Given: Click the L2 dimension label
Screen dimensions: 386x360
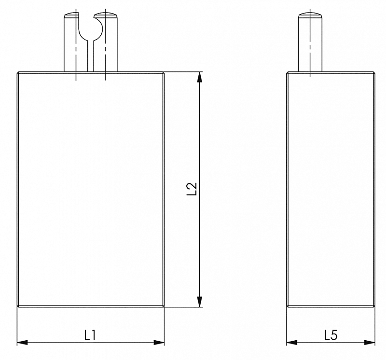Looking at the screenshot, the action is [x=192, y=189].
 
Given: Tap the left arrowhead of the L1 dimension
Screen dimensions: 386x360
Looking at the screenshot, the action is [x=22, y=343].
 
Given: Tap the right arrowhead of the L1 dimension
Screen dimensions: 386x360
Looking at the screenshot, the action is [x=159, y=343].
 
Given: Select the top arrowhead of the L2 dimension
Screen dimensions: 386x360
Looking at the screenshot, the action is [x=200, y=77].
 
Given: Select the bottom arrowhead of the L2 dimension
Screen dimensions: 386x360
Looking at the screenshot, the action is [x=200, y=302].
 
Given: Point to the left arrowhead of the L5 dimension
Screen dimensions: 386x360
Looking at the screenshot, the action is [x=292, y=343].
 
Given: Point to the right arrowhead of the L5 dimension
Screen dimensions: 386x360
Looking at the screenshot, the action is [x=370, y=343].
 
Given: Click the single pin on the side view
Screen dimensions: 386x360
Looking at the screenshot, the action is [x=310, y=42].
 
